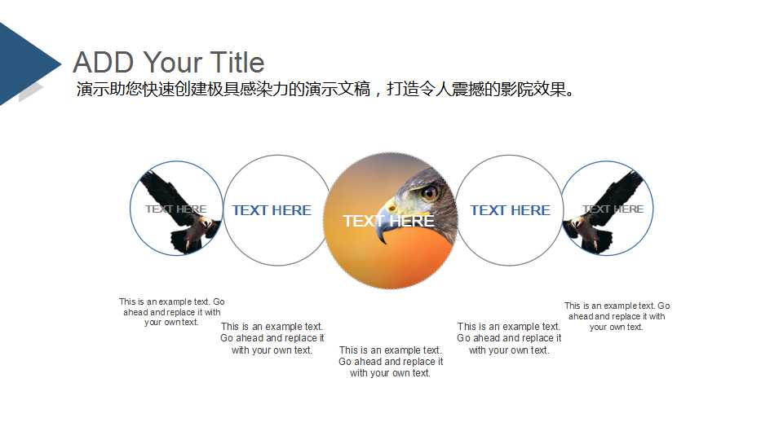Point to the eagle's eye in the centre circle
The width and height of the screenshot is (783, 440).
pos(429,192)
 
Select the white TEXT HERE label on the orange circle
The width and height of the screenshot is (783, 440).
pos(388,221)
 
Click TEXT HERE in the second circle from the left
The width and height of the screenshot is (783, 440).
pos(272,210)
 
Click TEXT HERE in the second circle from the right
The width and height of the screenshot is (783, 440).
pos(510,210)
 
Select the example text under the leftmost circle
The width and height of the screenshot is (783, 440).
pos(172,312)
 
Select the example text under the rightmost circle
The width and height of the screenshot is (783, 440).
pos(617,316)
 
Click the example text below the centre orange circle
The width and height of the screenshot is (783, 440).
pos(391,362)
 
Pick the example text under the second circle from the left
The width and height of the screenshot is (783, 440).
pos(272,338)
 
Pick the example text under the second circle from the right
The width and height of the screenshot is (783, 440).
pos(509,338)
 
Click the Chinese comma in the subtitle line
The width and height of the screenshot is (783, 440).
pos(377,91)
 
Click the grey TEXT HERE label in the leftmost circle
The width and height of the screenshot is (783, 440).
pos(175,209)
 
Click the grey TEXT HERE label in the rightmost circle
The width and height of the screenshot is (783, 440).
pos(613,209)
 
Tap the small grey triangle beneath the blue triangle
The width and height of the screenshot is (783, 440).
pos(29,92)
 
